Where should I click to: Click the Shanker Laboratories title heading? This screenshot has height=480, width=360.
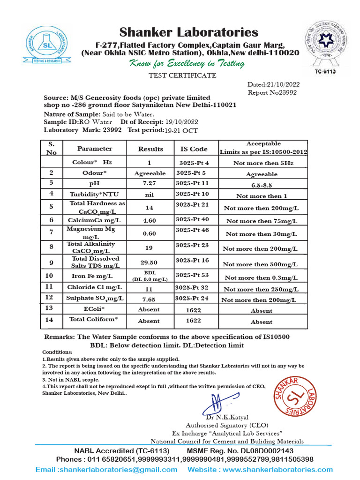point(188,32)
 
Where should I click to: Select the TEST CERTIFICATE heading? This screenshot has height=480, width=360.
point(182,75)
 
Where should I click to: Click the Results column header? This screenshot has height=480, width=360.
point(150,149)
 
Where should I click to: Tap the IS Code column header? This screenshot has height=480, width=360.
point(194,149)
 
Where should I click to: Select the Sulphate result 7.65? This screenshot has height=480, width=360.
point(150,299)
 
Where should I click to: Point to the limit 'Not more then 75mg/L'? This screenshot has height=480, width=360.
point(262,221)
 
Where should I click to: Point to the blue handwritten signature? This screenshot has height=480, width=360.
point(216,403)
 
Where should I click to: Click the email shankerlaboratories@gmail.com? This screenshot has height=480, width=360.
point(107,469)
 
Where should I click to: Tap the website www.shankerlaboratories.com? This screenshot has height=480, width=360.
point(260,469)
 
